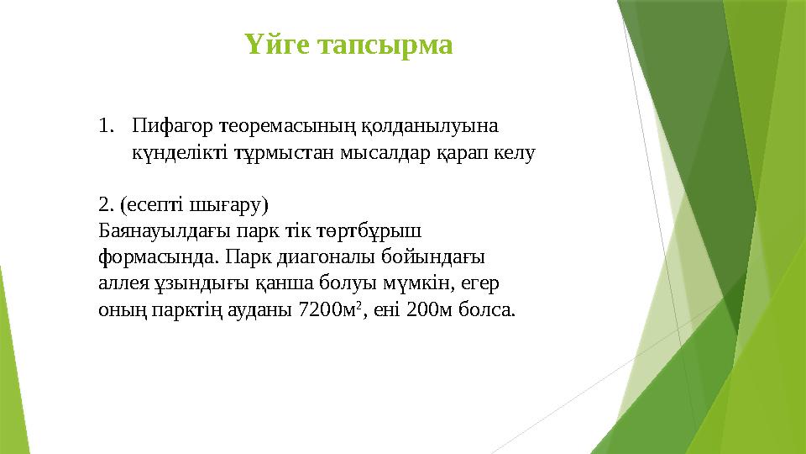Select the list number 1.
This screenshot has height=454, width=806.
(x=104, y=128)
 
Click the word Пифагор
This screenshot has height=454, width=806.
(x=173, y=128)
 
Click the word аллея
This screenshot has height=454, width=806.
(x=121, y=282)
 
